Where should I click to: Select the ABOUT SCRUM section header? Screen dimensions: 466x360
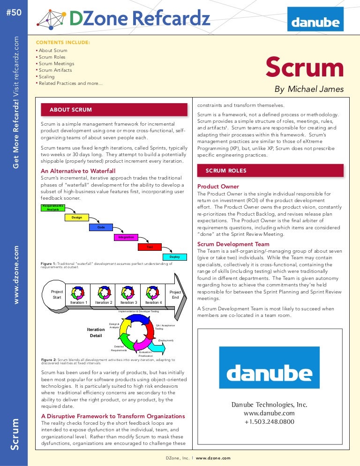pyautogui.click(x=71, y=110)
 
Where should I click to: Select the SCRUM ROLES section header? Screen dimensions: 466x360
pyautogui.click(x=226, y=171)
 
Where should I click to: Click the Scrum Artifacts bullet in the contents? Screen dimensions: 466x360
pyautogui.click(x=55, y=70)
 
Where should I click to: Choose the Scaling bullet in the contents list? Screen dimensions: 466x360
pyautogui.click(x=46, y=76)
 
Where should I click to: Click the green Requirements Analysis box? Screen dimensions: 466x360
pyautogui.click(x=52, y=208)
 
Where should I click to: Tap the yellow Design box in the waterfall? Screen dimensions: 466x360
pyautogui.click(x=77, y=218)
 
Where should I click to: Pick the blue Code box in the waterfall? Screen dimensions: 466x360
pyautogui.click(x=101, y=227)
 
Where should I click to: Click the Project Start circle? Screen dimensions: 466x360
pyautogui.click(x=57, y=294)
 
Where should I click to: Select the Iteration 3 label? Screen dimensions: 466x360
pyautogui.click(x=128, y=302)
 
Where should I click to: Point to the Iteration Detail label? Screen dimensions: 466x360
pyautogui.click(x=96, y=332)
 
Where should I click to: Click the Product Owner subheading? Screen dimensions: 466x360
pyautogui.click(x=218, y=187)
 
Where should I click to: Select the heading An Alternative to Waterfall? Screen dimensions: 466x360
pyautogui.click(x=77, y=171)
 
